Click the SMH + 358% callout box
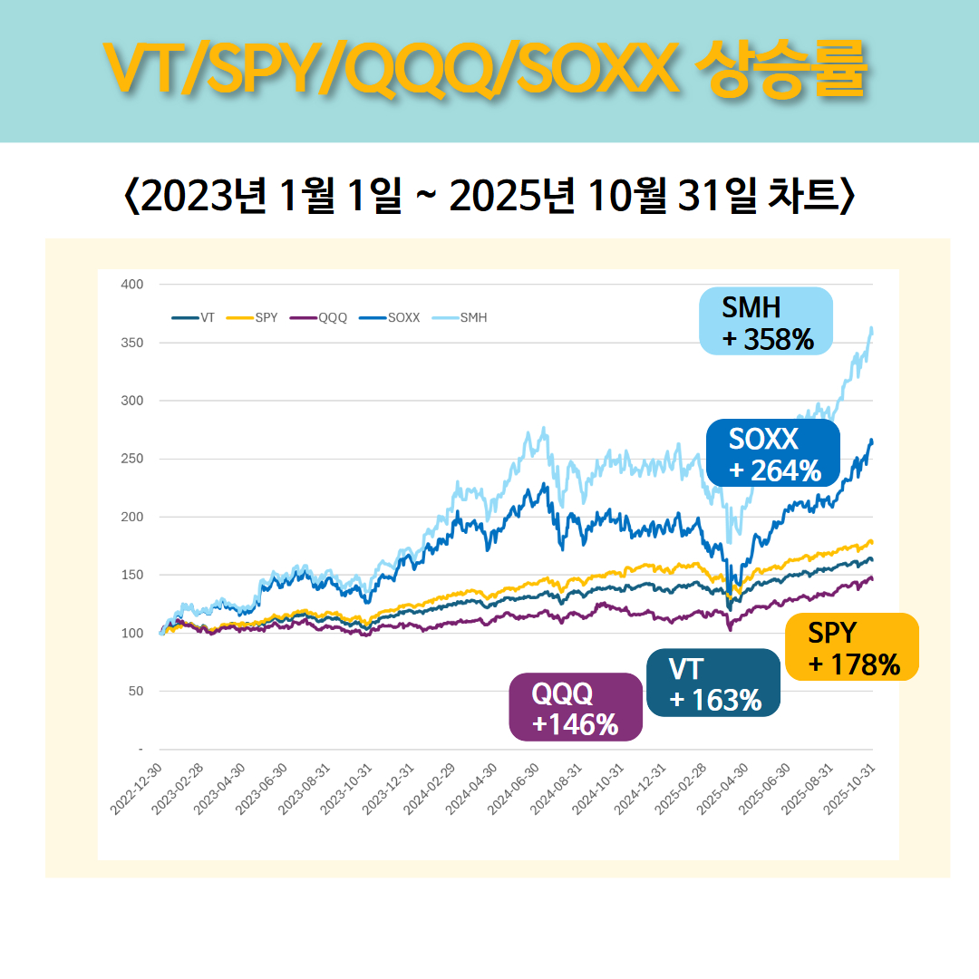click(766, 321)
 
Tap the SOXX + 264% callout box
click(773, 453)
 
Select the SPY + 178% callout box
click(852, 647)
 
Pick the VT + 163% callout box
click(713, 683)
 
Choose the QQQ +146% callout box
click(576, 707)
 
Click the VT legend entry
click(194, 317)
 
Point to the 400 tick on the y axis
click(132, 285)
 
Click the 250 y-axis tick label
click(132, 459)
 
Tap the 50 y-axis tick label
click(135, 692)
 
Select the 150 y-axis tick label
click(132, 575)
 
